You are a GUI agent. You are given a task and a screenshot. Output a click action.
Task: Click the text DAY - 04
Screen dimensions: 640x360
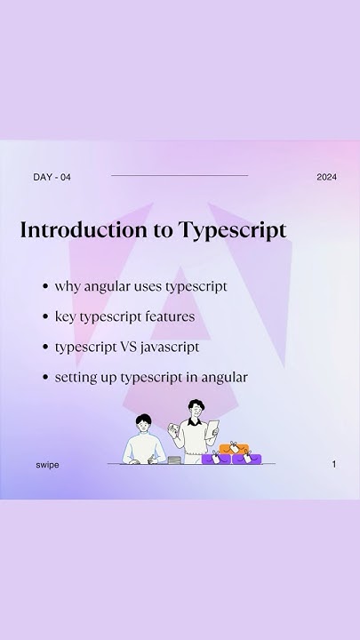(52, 177)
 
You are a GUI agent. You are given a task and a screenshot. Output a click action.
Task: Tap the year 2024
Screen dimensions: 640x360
(326, 177)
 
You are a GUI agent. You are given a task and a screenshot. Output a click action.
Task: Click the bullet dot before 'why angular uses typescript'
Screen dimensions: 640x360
(44, 287)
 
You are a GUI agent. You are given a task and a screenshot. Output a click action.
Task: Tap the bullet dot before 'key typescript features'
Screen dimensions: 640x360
(44, 317)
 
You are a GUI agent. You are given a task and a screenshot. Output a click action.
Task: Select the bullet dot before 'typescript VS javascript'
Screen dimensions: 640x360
(44, 348)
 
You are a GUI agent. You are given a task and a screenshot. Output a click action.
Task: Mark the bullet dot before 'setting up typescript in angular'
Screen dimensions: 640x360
(44, 378)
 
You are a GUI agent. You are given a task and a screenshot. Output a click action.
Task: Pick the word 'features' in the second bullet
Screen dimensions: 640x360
(172, 316)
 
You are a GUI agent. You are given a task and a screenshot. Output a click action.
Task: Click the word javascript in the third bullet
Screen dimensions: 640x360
(170, 348)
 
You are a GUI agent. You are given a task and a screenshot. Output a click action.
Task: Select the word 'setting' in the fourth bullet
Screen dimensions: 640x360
(74, 378)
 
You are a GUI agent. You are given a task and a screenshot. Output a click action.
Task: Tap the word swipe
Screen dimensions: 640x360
(48, 465)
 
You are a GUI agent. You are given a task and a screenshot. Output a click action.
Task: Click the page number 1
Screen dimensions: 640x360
(334, 464)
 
